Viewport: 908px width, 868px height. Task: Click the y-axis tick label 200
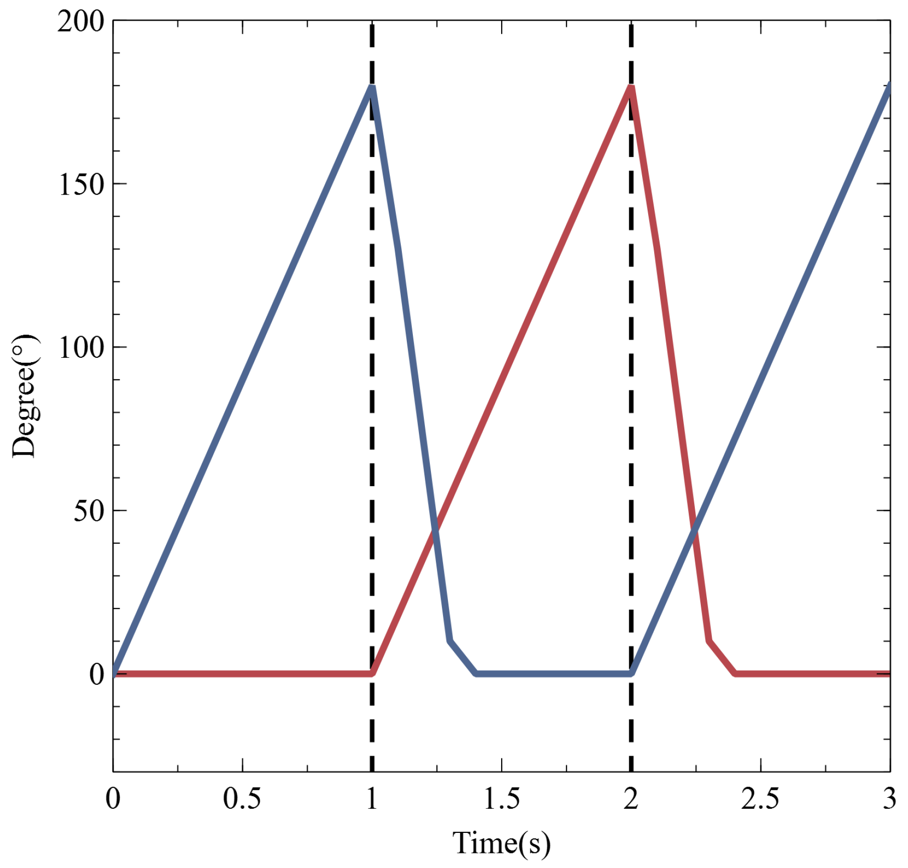click(x=80, y=22)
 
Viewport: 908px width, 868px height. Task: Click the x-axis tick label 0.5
click(x=242, y=798)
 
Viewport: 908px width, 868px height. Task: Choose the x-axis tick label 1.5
click(x=501, y=798)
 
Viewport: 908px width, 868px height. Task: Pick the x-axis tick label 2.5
click(x=760, y=798)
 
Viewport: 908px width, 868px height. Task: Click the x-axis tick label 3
click(x=889, y=798)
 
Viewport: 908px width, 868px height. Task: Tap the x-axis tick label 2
click(x=631, y=798)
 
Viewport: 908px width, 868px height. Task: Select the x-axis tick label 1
click(x=372, y=798)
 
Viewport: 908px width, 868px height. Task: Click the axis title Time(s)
click(x=501, y=842)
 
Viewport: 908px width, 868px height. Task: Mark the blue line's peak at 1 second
click(x=372, y=87)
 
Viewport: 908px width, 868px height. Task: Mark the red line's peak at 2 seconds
click(x=631, y=87)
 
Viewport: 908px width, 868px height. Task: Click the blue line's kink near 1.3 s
click(x=450, y=641)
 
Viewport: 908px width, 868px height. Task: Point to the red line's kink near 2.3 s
click(x=709, y=641)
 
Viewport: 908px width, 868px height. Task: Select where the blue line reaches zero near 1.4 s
click(x=476, y=673)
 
